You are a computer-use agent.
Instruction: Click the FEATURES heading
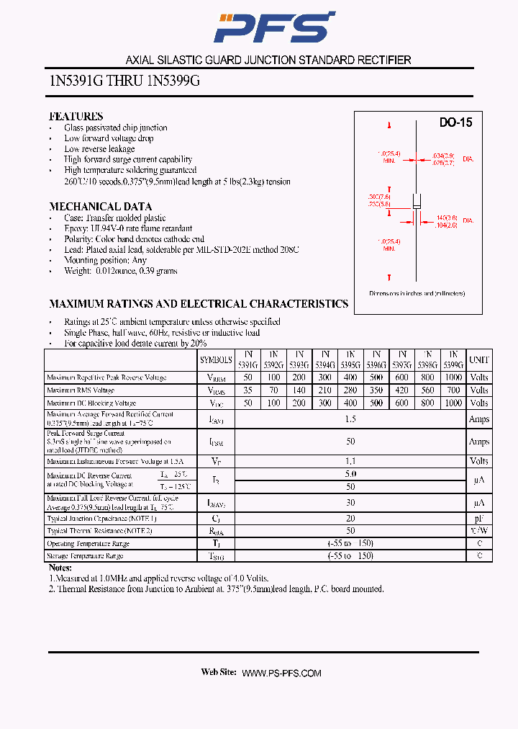(x=76, y=116)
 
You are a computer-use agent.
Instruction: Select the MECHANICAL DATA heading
(x=100, y=206)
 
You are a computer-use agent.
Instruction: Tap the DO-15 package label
(x=455, y=123)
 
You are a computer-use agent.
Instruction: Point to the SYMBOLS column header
(x=216, y=359)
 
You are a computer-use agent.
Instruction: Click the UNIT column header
(x=478, y=359)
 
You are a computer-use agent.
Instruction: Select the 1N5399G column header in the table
(x=453, y=359)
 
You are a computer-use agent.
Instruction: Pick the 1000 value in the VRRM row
(x=453, y=377)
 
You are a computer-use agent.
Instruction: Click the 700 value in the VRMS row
(x=453, y=390)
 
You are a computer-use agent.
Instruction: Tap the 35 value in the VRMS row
(x=248, y=390)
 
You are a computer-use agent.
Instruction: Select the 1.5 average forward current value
(x=351, y=419)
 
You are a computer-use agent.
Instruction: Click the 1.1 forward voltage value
(x=351, y=461)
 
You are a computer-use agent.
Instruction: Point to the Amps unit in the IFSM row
(x=478, y=442)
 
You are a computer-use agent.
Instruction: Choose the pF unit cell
(x=478, y=518)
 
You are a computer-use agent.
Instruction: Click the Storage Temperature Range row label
(x=85, y=556)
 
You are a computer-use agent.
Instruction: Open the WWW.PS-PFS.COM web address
(x=281, y=673)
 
